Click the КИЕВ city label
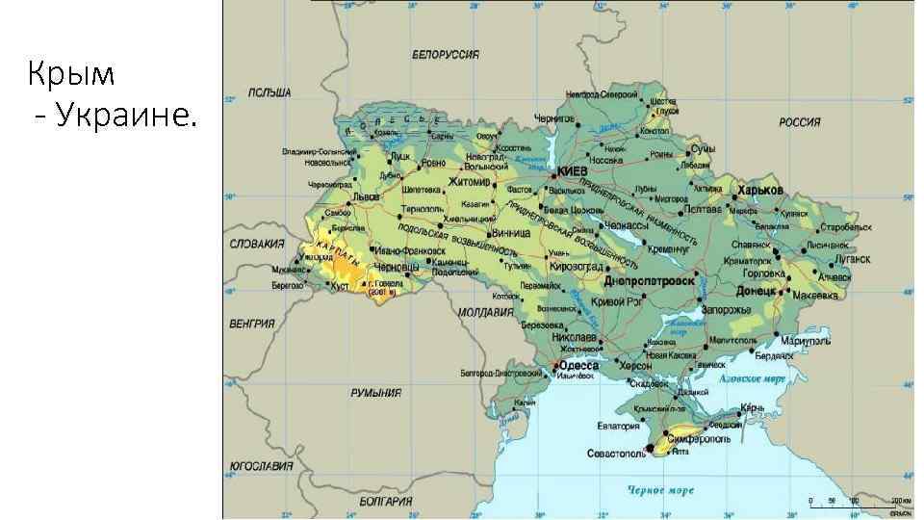point(573,170)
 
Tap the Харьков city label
point(761,190)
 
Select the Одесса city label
point(579,366)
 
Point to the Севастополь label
point(616,453)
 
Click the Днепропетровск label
point(650,280)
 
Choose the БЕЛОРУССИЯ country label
point(446,55)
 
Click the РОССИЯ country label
point(800,122)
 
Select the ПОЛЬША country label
point(269,93)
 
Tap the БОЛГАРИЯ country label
point(386,502)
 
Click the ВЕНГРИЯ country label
point(252,324)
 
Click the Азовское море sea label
point(754,378)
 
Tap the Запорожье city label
point(726,309)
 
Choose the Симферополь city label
point(695,439)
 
